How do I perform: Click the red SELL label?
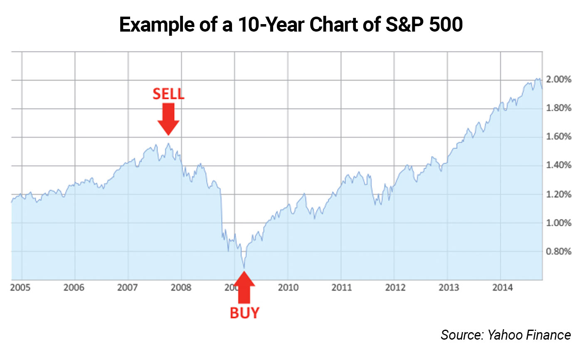point(168,94)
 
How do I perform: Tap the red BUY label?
point(244,313)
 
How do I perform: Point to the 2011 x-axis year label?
point(341,288)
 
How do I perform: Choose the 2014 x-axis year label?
point(501,288)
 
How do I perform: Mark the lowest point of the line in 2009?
point(244,268)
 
